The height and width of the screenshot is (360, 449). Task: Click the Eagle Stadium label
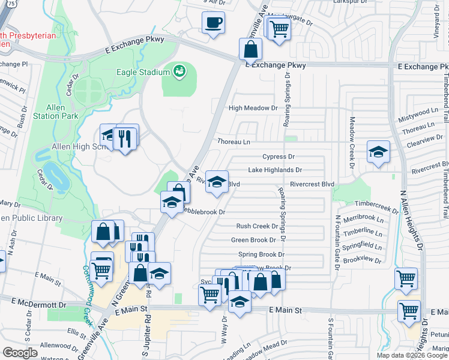pyautogui.click(x=143, y=73)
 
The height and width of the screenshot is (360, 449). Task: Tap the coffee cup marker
pyautogui.click(x=213, y=23)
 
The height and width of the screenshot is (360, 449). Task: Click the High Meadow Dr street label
pyautogui.click(x=254, y=109)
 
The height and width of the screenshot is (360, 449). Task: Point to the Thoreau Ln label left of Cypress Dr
pyautogui.click(x=234, y=142)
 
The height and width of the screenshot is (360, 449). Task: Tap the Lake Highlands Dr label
pyautogui.click(x=274, y=170)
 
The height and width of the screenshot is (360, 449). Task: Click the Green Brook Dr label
pyautogui.click(x=254, y=240)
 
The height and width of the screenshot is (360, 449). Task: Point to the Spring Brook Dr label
pyautogui.click(x=258, y=255)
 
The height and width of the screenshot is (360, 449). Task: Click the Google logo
pyautogui.click(x=20, y=353)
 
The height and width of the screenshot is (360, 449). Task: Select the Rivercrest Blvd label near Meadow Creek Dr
pyautogui.click(x=311, y=184)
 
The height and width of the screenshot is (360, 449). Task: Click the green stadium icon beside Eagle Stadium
pyautogui.click(x=178, y=73)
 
